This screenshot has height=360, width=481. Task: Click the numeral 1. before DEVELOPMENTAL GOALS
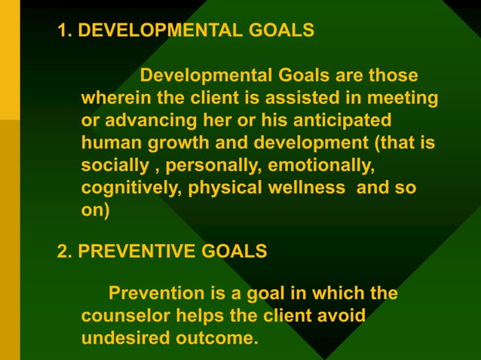[x=66, y=31]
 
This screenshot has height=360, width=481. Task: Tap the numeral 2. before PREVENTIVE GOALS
[x=66, y=251]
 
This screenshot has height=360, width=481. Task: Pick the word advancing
[x=141, y=121]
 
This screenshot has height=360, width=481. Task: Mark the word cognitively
[x=129, y=187]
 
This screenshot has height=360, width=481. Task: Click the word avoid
[x=340, y=314]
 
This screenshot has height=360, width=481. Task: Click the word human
[x=109, y=143]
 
